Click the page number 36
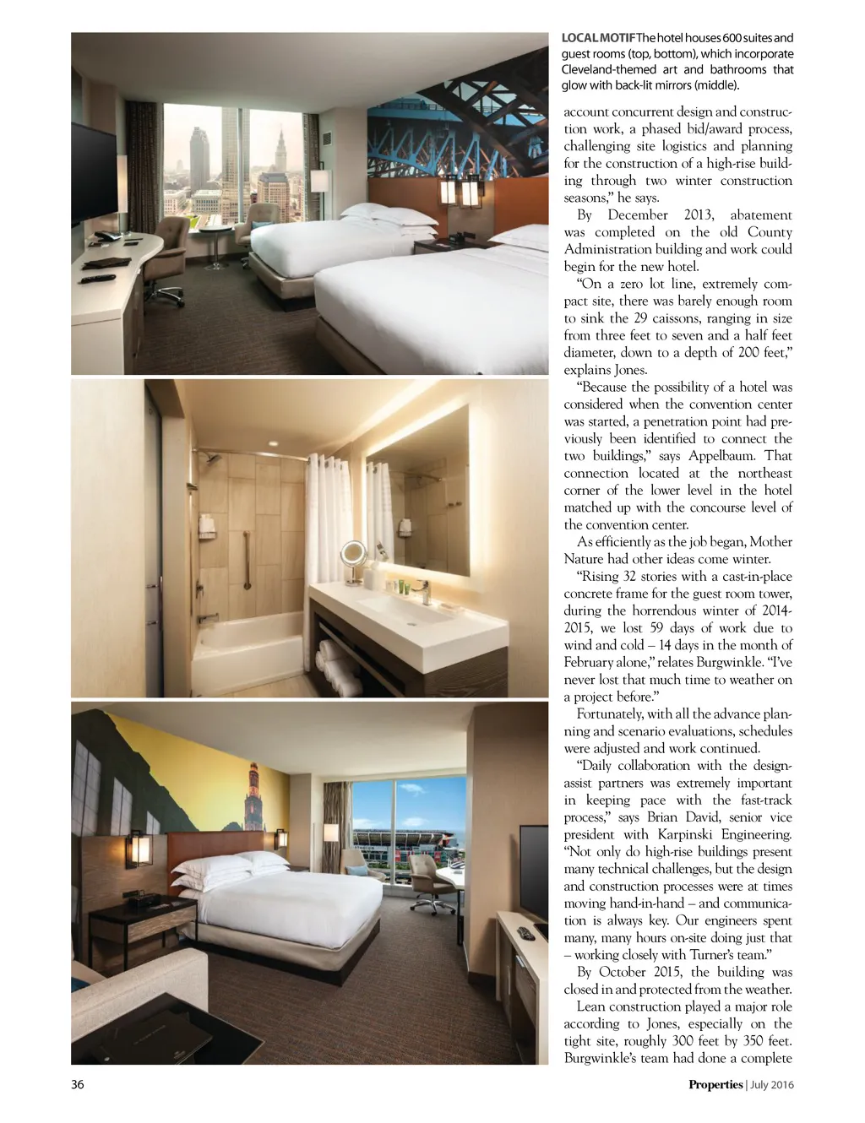coord(78,1085)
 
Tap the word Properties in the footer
coord(715,1085)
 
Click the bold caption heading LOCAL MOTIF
coord(598,38)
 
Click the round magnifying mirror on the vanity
coord(353,553)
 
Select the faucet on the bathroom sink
coord(422,590)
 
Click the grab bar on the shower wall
coord(247,556)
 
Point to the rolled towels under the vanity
coord(338,663)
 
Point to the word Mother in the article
coord(770,542)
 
